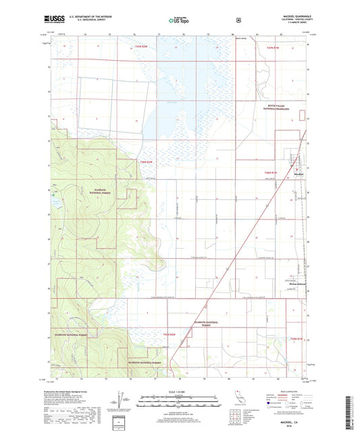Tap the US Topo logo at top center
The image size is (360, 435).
[x=180, y=21]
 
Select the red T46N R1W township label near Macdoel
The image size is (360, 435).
[x=274, y=172]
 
